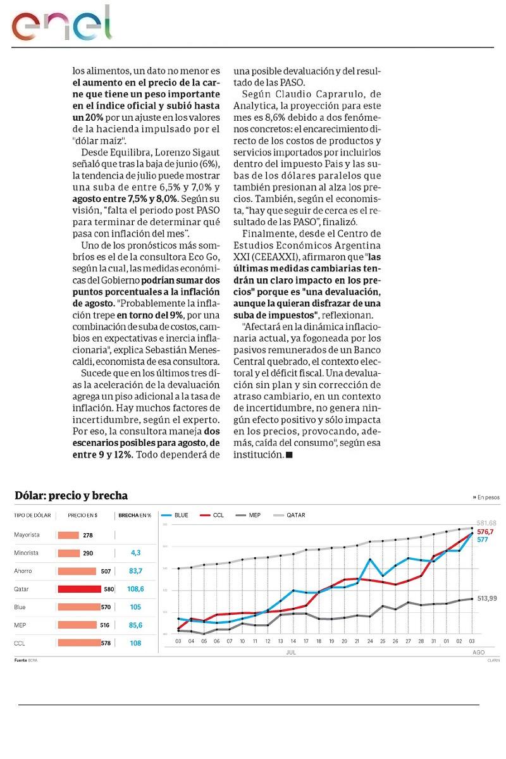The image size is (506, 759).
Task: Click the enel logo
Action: click(x=61, y=24)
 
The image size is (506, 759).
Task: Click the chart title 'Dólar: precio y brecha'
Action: click(x=71, y=496)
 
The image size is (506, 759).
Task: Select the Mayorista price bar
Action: click(x=68, y=535)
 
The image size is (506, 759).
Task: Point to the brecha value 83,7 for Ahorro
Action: click(x=135, y=571)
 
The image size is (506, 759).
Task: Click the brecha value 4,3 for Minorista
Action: click(x=135, y=553)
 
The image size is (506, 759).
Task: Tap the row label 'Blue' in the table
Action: click(x=20, y=607)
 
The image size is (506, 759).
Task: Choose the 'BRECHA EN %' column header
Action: click(x=135, y=515)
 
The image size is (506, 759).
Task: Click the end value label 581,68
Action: click(x=486, y=523)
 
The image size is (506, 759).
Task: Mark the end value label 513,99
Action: click(x=486, y=598)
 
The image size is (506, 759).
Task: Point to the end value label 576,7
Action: click(x=485, y=532)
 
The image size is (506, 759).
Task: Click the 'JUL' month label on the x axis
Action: click(x=292, y=651)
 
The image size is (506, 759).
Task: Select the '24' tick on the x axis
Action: click(x=370, y=641)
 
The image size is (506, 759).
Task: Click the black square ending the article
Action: click(x=289, y=455)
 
